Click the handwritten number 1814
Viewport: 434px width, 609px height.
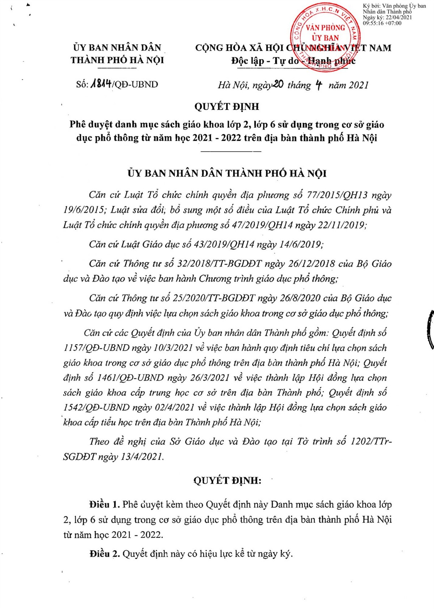tap(101, 84)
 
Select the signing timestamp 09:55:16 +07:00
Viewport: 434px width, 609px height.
tap(382, 23)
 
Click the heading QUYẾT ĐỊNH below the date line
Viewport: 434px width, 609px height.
tap(227, 106)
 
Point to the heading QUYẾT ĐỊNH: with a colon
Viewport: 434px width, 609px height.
tap(227, 480)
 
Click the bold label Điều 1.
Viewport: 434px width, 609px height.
tap(105, 504)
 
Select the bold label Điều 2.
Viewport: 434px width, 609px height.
tap(105, 554)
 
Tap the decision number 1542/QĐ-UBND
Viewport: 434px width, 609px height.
tap(96, 407)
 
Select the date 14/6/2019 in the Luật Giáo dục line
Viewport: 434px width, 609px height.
tap(301, 244)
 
